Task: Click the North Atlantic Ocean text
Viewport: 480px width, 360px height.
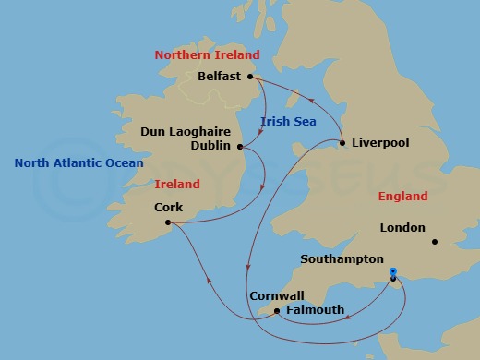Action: tap(79, 163)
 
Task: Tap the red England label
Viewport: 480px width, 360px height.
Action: tap(402, 197)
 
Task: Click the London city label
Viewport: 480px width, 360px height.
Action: tap(402, 228)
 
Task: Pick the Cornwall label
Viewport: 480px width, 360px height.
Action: tap(276, 296)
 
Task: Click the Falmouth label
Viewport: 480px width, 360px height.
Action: tap(315, 310)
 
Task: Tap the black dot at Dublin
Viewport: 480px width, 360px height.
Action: tap(240, 146)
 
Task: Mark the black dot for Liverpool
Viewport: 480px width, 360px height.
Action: tap(342, 143)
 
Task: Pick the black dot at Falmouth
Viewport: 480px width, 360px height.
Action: tap(277, 311)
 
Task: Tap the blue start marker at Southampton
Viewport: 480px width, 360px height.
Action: tap(393, 271)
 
